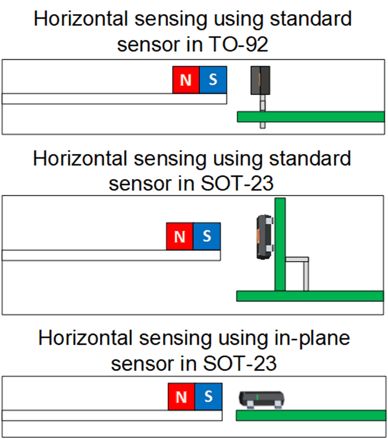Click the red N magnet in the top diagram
pyautogui.click(x=186, y=80)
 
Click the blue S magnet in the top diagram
pyautogui.click(x=213, y=80)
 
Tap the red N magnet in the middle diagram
pyautogui.click(x=180, y=236)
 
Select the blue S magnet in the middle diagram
pyautogui.click(x=207, y=236)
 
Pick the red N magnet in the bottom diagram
pyautogui.click(x=181, y=397)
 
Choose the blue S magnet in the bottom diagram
pyautogui.click(x=208, y=397)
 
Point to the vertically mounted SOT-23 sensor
pyautogui.click(x=264, y=236)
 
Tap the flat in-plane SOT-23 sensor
pyautogui.click(x=261, y=400)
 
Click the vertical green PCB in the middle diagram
pyautogui.click(x=280, y=244)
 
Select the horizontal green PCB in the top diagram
pyautogui.click(x=310, y=116)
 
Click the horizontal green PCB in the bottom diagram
pyautogui.click(x=310, y=416)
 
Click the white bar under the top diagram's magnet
pyautogui.click(x=114, y=98)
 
